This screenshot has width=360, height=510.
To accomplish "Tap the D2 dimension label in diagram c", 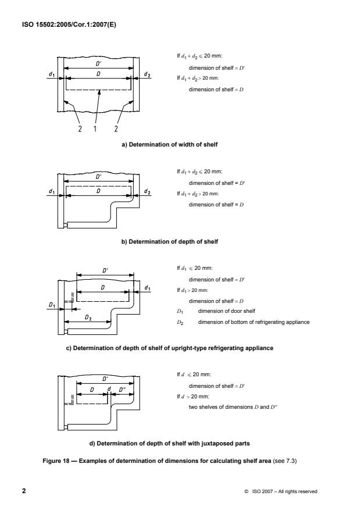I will click(x=88, y=318).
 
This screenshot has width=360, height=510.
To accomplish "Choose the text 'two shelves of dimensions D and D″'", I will click(x=228, y=407).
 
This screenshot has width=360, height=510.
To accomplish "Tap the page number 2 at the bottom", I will click(x=24, y=491).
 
